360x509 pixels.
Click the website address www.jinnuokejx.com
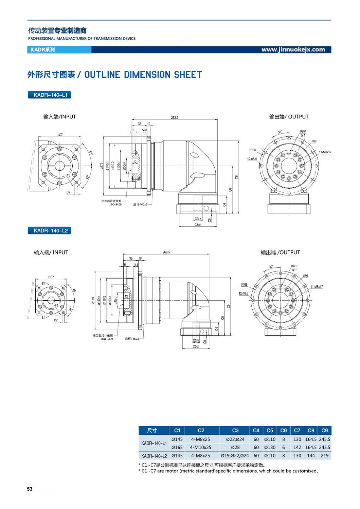pos(293,50)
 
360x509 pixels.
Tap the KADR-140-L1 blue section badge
pos(50,95)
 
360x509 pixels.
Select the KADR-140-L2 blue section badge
pos(50,231)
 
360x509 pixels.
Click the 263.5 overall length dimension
pos(175,117)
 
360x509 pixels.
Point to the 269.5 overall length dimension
pos(166,252)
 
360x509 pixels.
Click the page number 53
pos(30,489)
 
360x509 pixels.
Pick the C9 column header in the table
pos(324,430)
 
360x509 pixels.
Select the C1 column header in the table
pos(177,430)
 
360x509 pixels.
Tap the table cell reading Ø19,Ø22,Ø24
pos(235,456)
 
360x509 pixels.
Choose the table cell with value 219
pos(324,456)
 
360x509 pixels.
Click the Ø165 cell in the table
pos(177,447)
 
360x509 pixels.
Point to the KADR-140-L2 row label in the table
pos(154,456)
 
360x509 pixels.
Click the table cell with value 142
pos(297,447)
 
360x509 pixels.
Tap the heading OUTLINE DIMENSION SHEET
pos(143,75)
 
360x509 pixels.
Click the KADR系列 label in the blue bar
pos(42,50)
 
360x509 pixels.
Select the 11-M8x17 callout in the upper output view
pos(325,152)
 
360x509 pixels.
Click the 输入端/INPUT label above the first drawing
pos(59,117)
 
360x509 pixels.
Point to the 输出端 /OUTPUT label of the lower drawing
pos(280,252)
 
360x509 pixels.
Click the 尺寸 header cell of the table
pos(152,430)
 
